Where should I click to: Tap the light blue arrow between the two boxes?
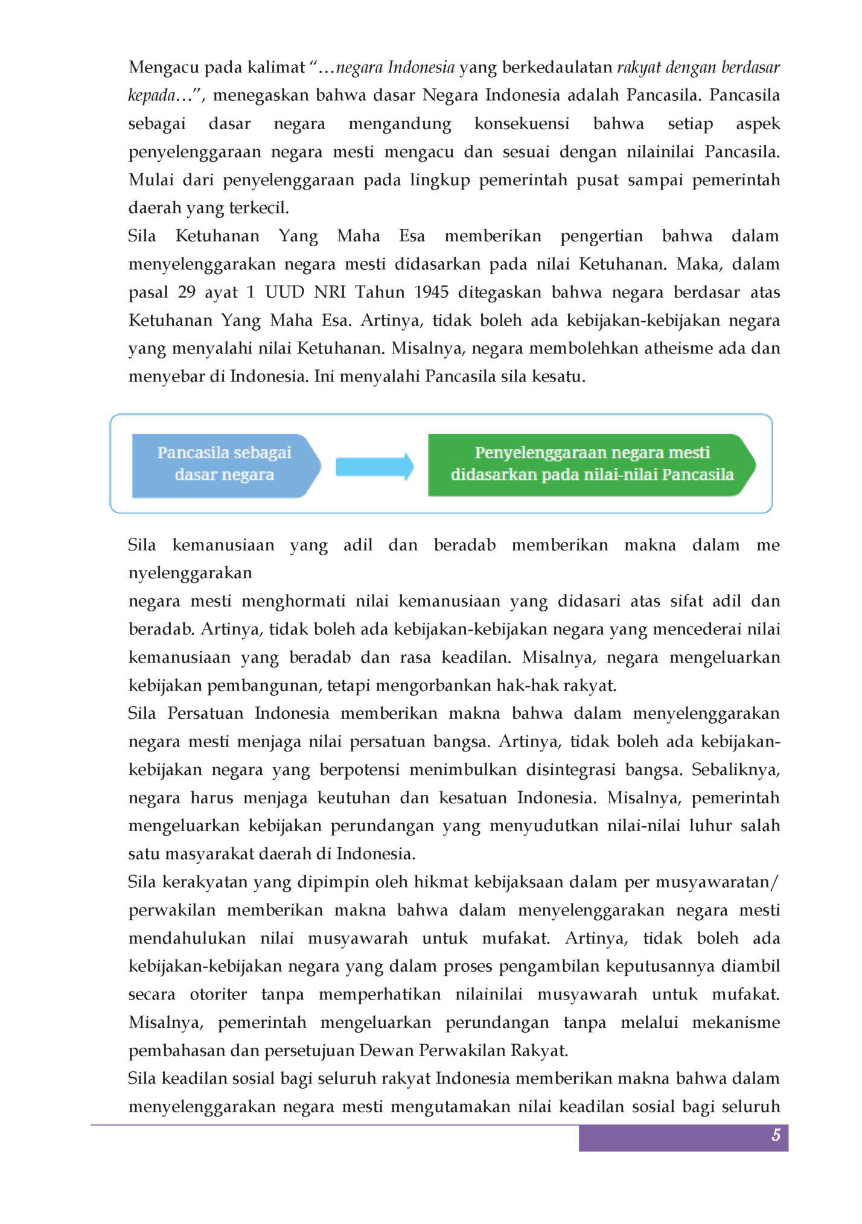point(374,467)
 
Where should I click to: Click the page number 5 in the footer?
point(776,1135)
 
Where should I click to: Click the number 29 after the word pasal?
point(187,292)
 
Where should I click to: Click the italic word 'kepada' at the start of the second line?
point(152,95)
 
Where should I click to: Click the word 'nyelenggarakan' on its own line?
point(190,573)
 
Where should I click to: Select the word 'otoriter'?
point(218,995)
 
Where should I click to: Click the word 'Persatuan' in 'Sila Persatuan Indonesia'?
point(205,713)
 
